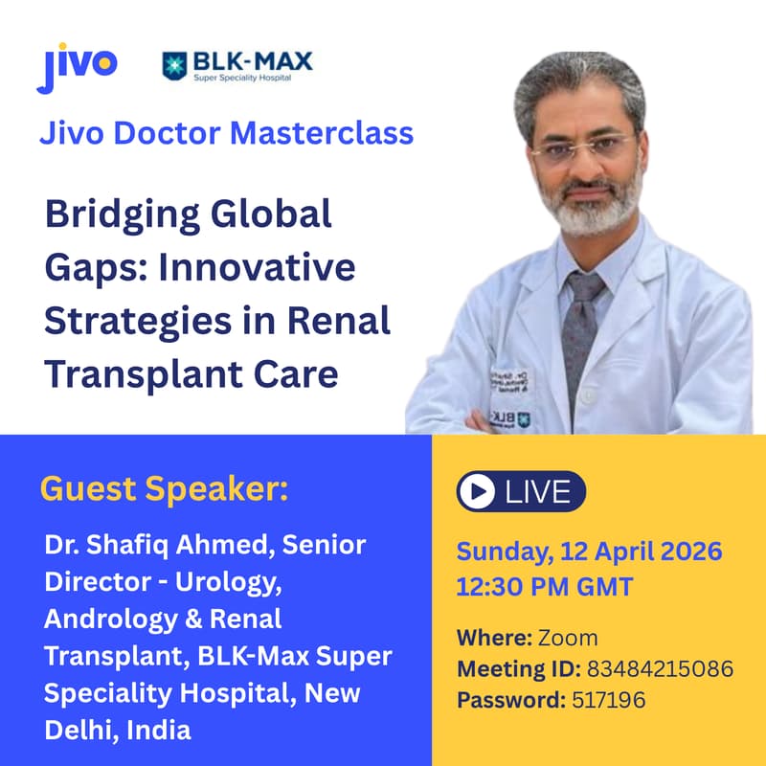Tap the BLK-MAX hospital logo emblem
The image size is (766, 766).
tap(175, 66)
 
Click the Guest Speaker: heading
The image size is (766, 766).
tap(164, 489)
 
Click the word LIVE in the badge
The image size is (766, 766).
tap(537, 492)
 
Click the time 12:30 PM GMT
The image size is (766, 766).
tap(544, 586)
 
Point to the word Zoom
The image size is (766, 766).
tap(567, 637)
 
